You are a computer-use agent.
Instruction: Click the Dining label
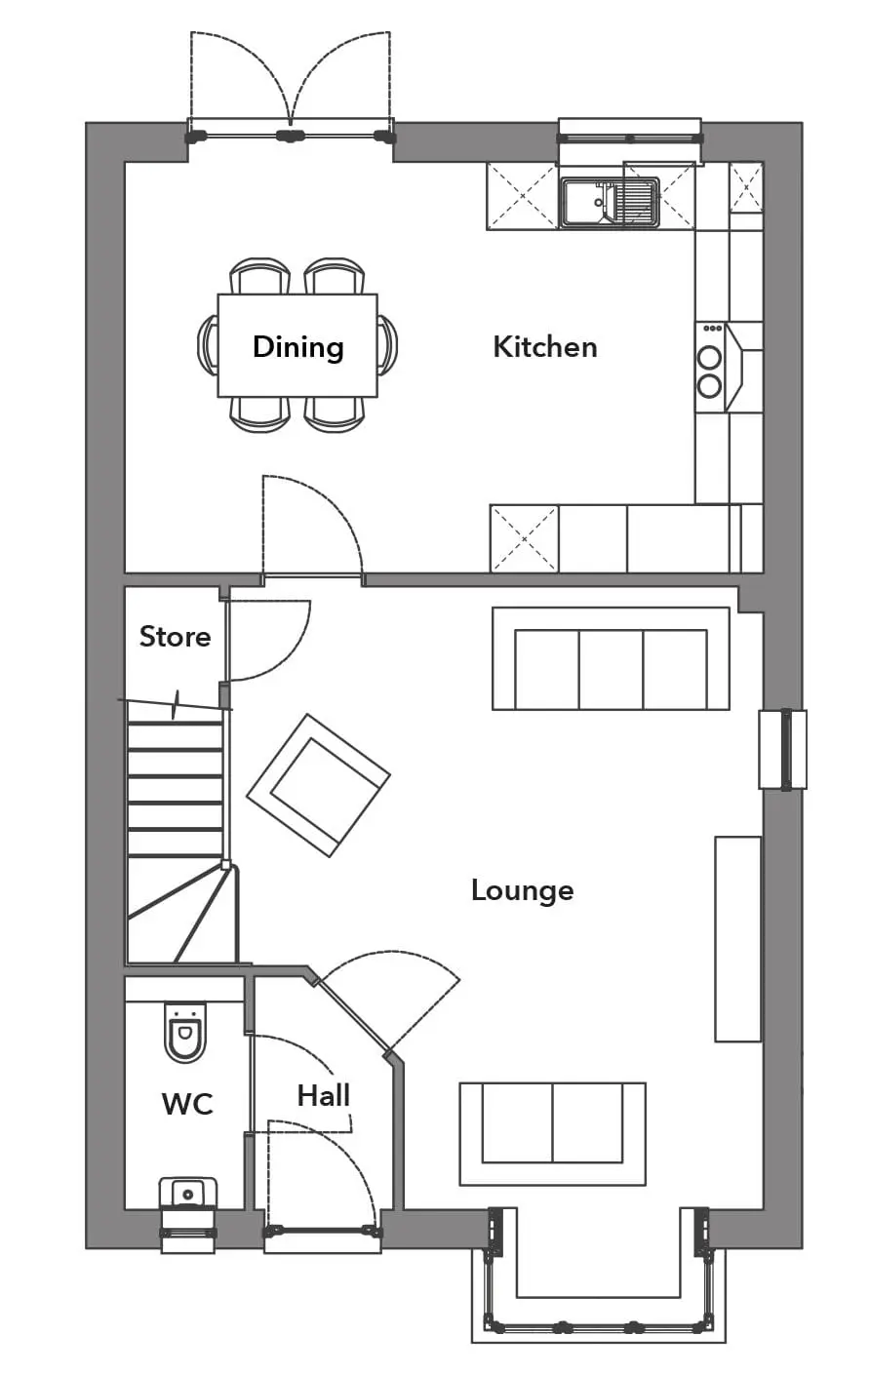297,347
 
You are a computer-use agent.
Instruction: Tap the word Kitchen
545,347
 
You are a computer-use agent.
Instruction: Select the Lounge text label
523,890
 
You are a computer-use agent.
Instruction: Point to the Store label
175,637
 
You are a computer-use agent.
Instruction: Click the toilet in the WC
184,1032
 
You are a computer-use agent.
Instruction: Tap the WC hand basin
188,1195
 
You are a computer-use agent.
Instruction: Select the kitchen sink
609,203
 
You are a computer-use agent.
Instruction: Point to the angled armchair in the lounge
318,785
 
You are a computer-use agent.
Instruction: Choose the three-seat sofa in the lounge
611,658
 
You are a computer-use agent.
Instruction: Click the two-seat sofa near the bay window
553,1134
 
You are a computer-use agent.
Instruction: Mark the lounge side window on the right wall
783,750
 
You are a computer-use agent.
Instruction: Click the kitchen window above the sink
630,137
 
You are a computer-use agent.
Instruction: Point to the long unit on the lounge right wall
738,938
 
